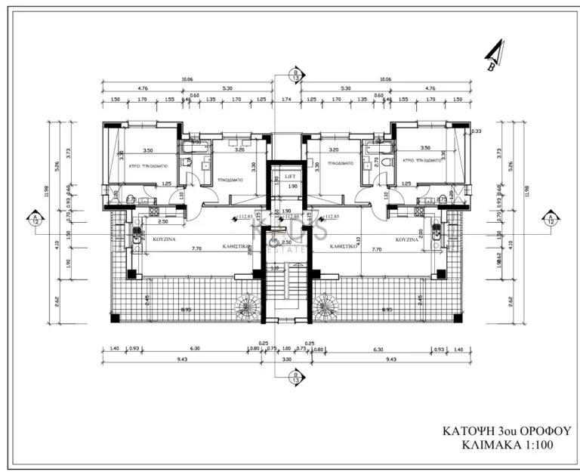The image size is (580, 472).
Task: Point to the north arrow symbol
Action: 494,56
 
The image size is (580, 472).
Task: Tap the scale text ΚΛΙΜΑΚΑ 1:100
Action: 507,446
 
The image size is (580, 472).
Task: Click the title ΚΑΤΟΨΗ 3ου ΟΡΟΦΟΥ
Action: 507,430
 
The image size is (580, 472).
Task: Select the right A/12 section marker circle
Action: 551,219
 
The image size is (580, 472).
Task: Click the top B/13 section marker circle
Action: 295,74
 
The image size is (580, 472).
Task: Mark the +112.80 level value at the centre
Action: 290,217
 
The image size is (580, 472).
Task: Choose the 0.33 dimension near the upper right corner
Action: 476,131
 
